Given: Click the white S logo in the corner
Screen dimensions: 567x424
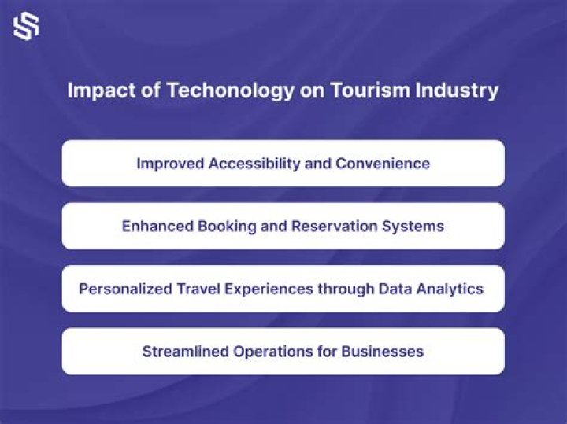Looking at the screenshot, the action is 26,26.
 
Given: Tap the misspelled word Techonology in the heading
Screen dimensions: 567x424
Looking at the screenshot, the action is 230,90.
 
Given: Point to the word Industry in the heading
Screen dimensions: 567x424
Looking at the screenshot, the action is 457,90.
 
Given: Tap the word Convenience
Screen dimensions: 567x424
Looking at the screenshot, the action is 383,164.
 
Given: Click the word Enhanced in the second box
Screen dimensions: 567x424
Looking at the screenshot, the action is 157,226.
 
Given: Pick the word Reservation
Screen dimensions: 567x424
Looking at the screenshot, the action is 335,226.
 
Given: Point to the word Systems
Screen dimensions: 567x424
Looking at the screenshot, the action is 413,227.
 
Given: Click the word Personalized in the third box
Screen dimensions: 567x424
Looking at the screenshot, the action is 125,289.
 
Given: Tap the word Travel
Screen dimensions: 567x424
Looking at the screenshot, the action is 198,289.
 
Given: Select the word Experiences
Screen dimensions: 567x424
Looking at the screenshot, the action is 269,289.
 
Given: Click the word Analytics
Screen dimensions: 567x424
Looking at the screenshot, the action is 450,289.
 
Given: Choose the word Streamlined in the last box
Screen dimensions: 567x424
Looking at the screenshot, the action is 186,352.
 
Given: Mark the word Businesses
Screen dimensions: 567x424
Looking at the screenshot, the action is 382,352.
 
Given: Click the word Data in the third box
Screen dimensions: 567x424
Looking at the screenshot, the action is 395,289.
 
